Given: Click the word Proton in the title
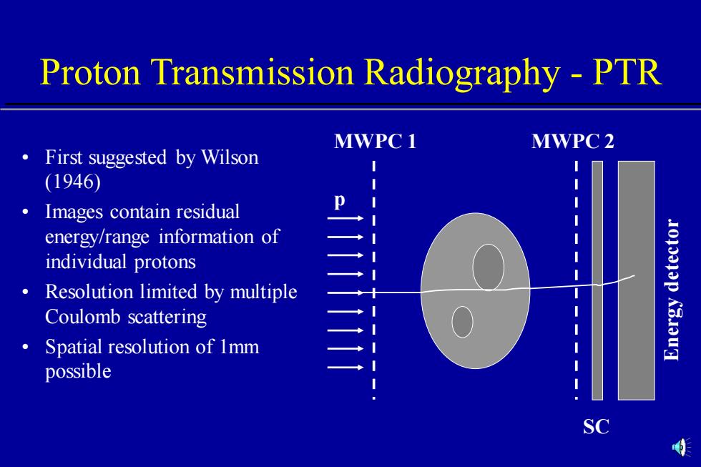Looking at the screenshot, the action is point(90,72).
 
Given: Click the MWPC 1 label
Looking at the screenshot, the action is point(375,141).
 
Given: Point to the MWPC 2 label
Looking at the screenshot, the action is point(573,141).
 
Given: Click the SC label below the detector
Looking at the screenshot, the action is point(596,427).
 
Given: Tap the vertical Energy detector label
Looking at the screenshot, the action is point(672,290).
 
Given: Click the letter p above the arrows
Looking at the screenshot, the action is point(340,201).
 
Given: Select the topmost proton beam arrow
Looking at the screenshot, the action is point(345,218).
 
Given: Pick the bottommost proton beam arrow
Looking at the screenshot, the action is point(345,368).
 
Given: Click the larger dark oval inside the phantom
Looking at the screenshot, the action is point(488,267).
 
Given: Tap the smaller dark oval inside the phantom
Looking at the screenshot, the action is point(462,322).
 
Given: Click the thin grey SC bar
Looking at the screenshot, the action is point(597,280).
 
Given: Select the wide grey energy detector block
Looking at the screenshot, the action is point(637,280).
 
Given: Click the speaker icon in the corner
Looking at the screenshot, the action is point(680,447).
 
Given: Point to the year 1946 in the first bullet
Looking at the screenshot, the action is point(73,182).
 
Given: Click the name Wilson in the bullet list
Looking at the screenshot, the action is point(230,157).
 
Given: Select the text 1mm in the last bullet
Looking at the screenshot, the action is point(240,347).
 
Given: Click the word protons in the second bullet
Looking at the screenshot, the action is point(165,262).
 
